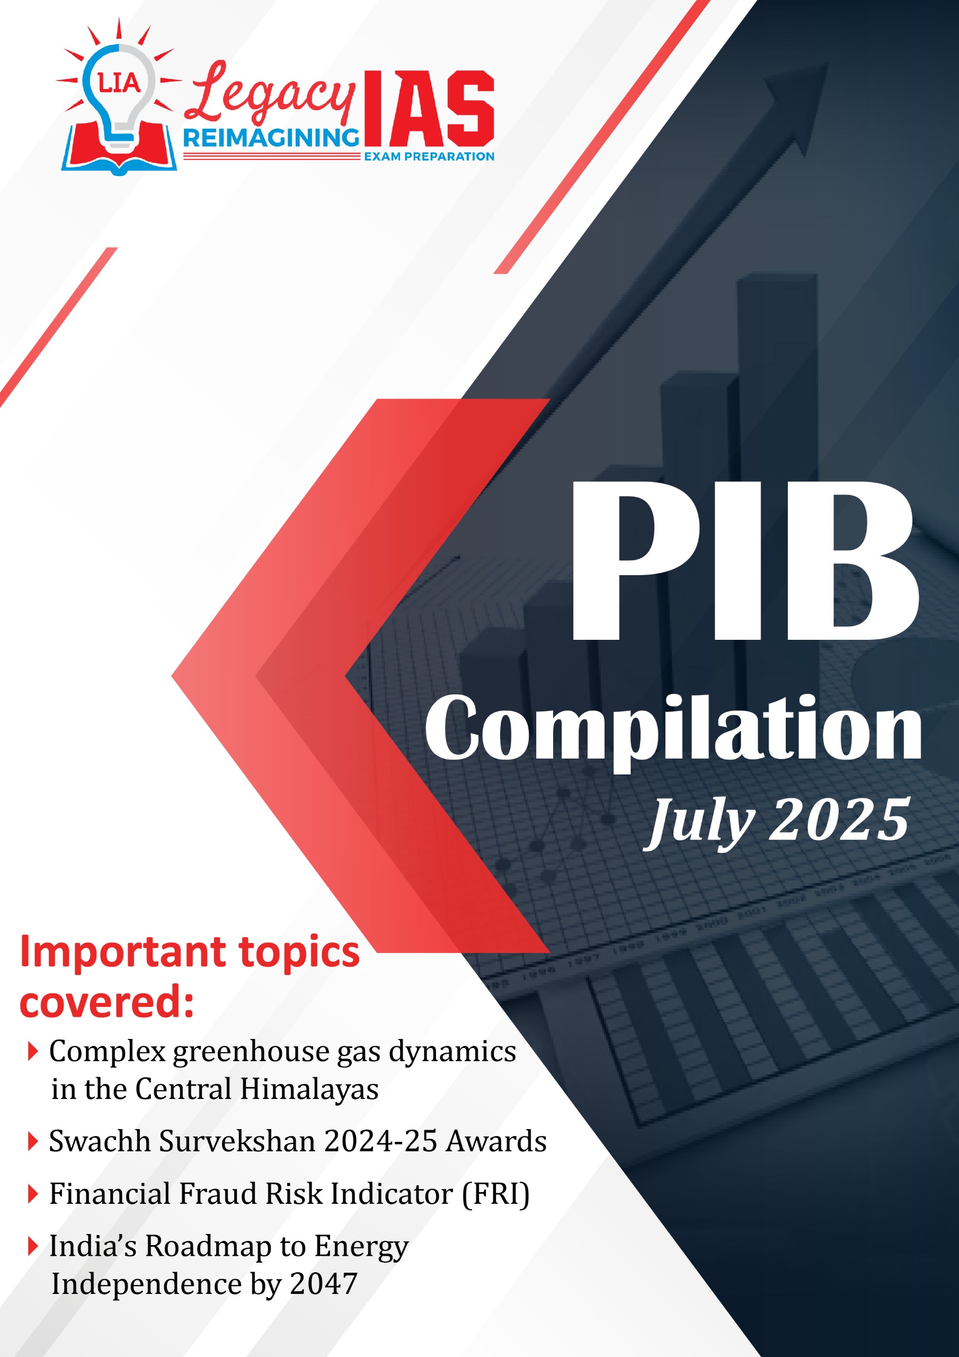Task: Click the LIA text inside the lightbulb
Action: pyautogui.click(x=119, y=83)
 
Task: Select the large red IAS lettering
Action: pyautogui.click(x=429, y=109)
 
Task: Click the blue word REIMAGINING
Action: pyautogui.click(x=271, y=138)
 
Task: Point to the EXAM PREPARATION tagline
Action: pyautogui.click(x=429, y=156)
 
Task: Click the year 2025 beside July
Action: pyautogui.click(x=839, y=819)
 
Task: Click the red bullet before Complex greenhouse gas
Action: pyautogui.click(x=33, y=1052)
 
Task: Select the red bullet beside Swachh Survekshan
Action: pyautogui.click(x=33, y=1142)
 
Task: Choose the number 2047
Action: pyautogui.click(x=324, y=1285)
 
